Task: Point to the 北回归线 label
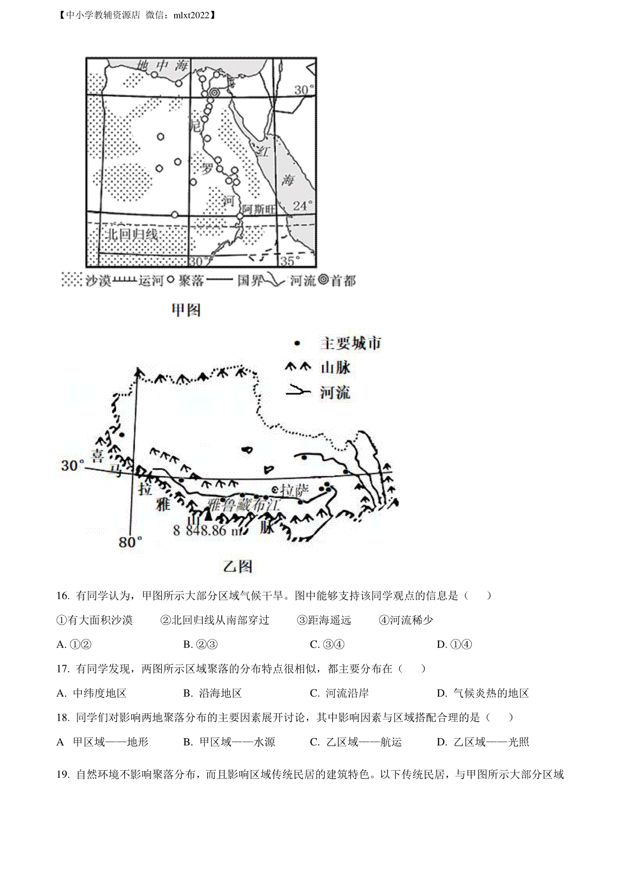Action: (131, 234)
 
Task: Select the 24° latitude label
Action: (304, 205)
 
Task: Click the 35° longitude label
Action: (290, 260)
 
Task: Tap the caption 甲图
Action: (185, 310)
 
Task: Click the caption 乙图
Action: (238, 566)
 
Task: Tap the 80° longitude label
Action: (130, 542)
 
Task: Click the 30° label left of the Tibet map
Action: (72, 465)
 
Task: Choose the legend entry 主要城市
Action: (351, 343)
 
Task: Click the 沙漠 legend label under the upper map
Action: (98, 280)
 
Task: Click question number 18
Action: (63, 717)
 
